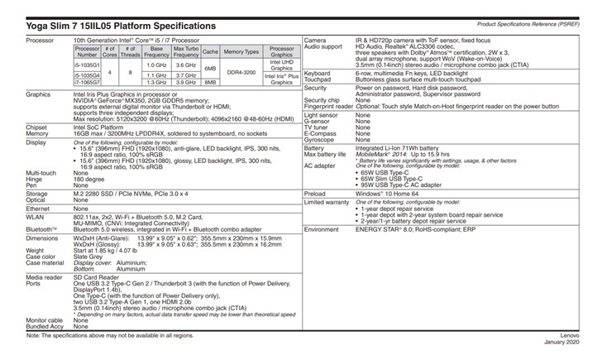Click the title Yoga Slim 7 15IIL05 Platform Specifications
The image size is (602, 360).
pyautogui.click(x=122, y=26)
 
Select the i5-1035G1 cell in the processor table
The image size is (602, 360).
pyautogui.click(x=87, y=65)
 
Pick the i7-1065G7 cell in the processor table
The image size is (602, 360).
pyautogui.click(x=87, y=82)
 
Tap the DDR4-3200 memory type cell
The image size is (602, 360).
pyautogui.click(x=241, y=73)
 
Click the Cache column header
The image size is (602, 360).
pyautogui.click(x=210, y=51)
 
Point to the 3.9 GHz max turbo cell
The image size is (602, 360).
pyautogui.click(x=186, y=82)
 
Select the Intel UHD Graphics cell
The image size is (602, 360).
pyautogui.click(x=281, y=65)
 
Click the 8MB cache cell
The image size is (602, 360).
pyautogui.click(x=210, y=82)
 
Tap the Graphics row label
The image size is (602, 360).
pyautogui.click(x=40, y=94)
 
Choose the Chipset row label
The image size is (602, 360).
pyautogui.click(x=37, y=127)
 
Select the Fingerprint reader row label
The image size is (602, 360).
pyautogui.click(x=330, y=106)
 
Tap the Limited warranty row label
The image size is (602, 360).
pyautogui.click(x=327, y=202)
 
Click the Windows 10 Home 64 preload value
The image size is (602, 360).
pyautogui.click(x=389, y=194)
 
